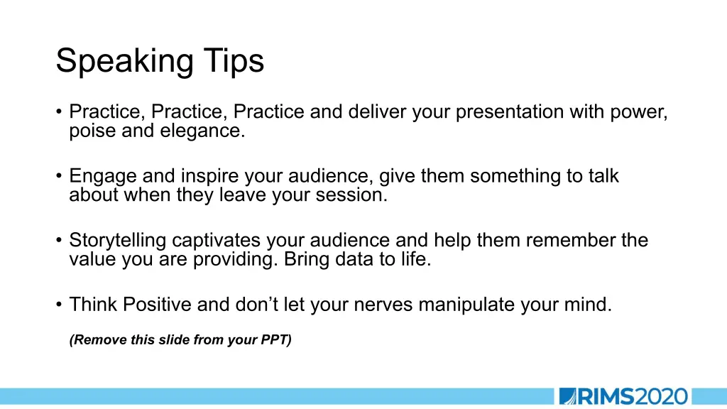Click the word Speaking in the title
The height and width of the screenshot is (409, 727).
click(x=125, y=61)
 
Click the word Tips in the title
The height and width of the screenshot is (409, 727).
click(x=234, y=61)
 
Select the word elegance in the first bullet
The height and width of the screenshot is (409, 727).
click(x=202, y=131)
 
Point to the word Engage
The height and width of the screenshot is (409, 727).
click(x=102, y=177)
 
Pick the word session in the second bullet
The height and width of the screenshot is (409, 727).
click(x=351, y=195)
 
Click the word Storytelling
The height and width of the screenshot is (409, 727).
click(x=118, y=241)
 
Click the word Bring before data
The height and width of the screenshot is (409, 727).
click(x=307, y=259)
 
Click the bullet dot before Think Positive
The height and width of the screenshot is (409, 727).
click(x=58, y=305)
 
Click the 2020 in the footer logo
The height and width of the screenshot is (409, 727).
click(x=661, y=397)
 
